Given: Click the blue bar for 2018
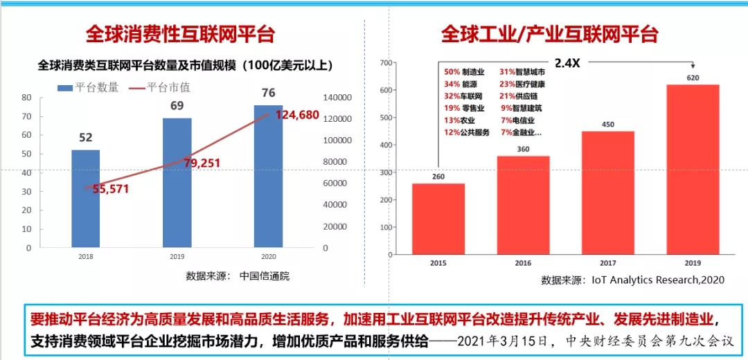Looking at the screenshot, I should click(86, 198).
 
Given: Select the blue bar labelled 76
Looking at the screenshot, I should click(268, 176).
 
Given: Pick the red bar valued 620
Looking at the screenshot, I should click(693, 166).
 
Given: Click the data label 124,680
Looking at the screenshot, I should click(297, 115).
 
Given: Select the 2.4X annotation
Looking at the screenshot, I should click(567, 62).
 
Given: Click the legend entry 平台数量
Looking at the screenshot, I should click(88, 87).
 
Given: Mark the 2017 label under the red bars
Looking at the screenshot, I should click(607, 263).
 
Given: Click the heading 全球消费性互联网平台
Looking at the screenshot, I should click(180, 34).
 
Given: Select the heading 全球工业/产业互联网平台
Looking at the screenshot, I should click(550, 34).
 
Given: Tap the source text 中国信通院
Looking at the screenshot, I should click(265, 276).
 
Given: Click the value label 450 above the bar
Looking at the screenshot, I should click(607, 125).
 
